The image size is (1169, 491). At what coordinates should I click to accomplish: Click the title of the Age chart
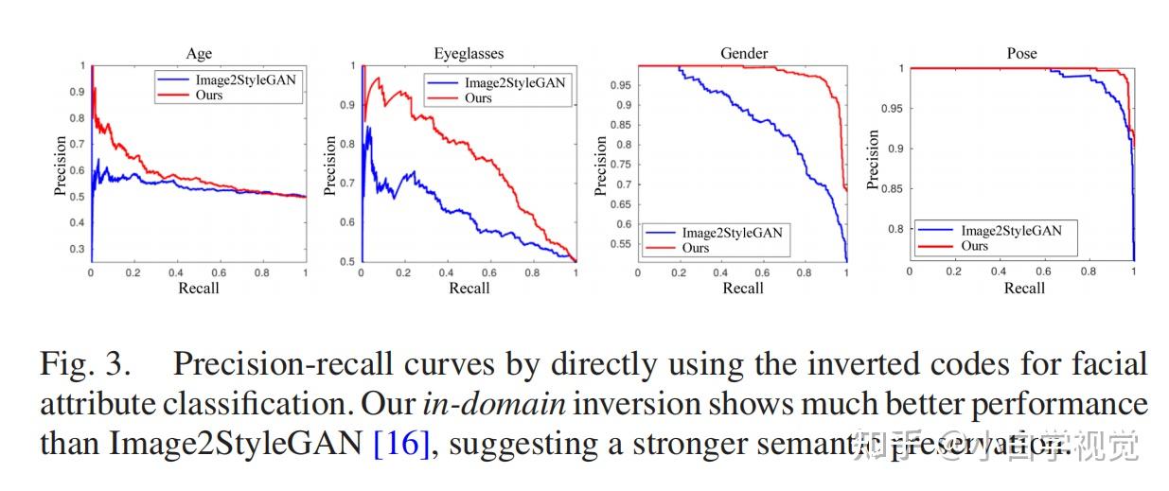(199, 54)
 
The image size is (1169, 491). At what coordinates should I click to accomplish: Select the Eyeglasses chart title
(469, 54)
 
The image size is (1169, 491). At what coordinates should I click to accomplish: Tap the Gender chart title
(743, 54)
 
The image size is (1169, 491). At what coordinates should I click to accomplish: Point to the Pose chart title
(1021, 54)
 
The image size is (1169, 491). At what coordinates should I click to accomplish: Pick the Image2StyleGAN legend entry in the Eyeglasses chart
(514, 83)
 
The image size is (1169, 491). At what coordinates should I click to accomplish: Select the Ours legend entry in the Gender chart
(695, 248)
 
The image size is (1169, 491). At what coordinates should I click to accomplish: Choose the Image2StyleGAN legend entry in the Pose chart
(1010, 231)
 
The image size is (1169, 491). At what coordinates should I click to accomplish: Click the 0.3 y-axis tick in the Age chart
(76, 249)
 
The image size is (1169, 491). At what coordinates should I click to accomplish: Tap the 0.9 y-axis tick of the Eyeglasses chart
(346, 106)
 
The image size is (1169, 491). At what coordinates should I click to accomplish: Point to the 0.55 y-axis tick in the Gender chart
(620, 244)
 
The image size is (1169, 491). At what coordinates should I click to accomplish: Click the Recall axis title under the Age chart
(199, 288)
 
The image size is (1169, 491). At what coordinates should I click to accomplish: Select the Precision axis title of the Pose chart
(874, 159)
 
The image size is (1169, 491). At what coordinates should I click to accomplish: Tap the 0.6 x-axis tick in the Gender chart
(764, 272)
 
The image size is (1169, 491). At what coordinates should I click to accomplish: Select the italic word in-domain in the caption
(493, 404)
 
